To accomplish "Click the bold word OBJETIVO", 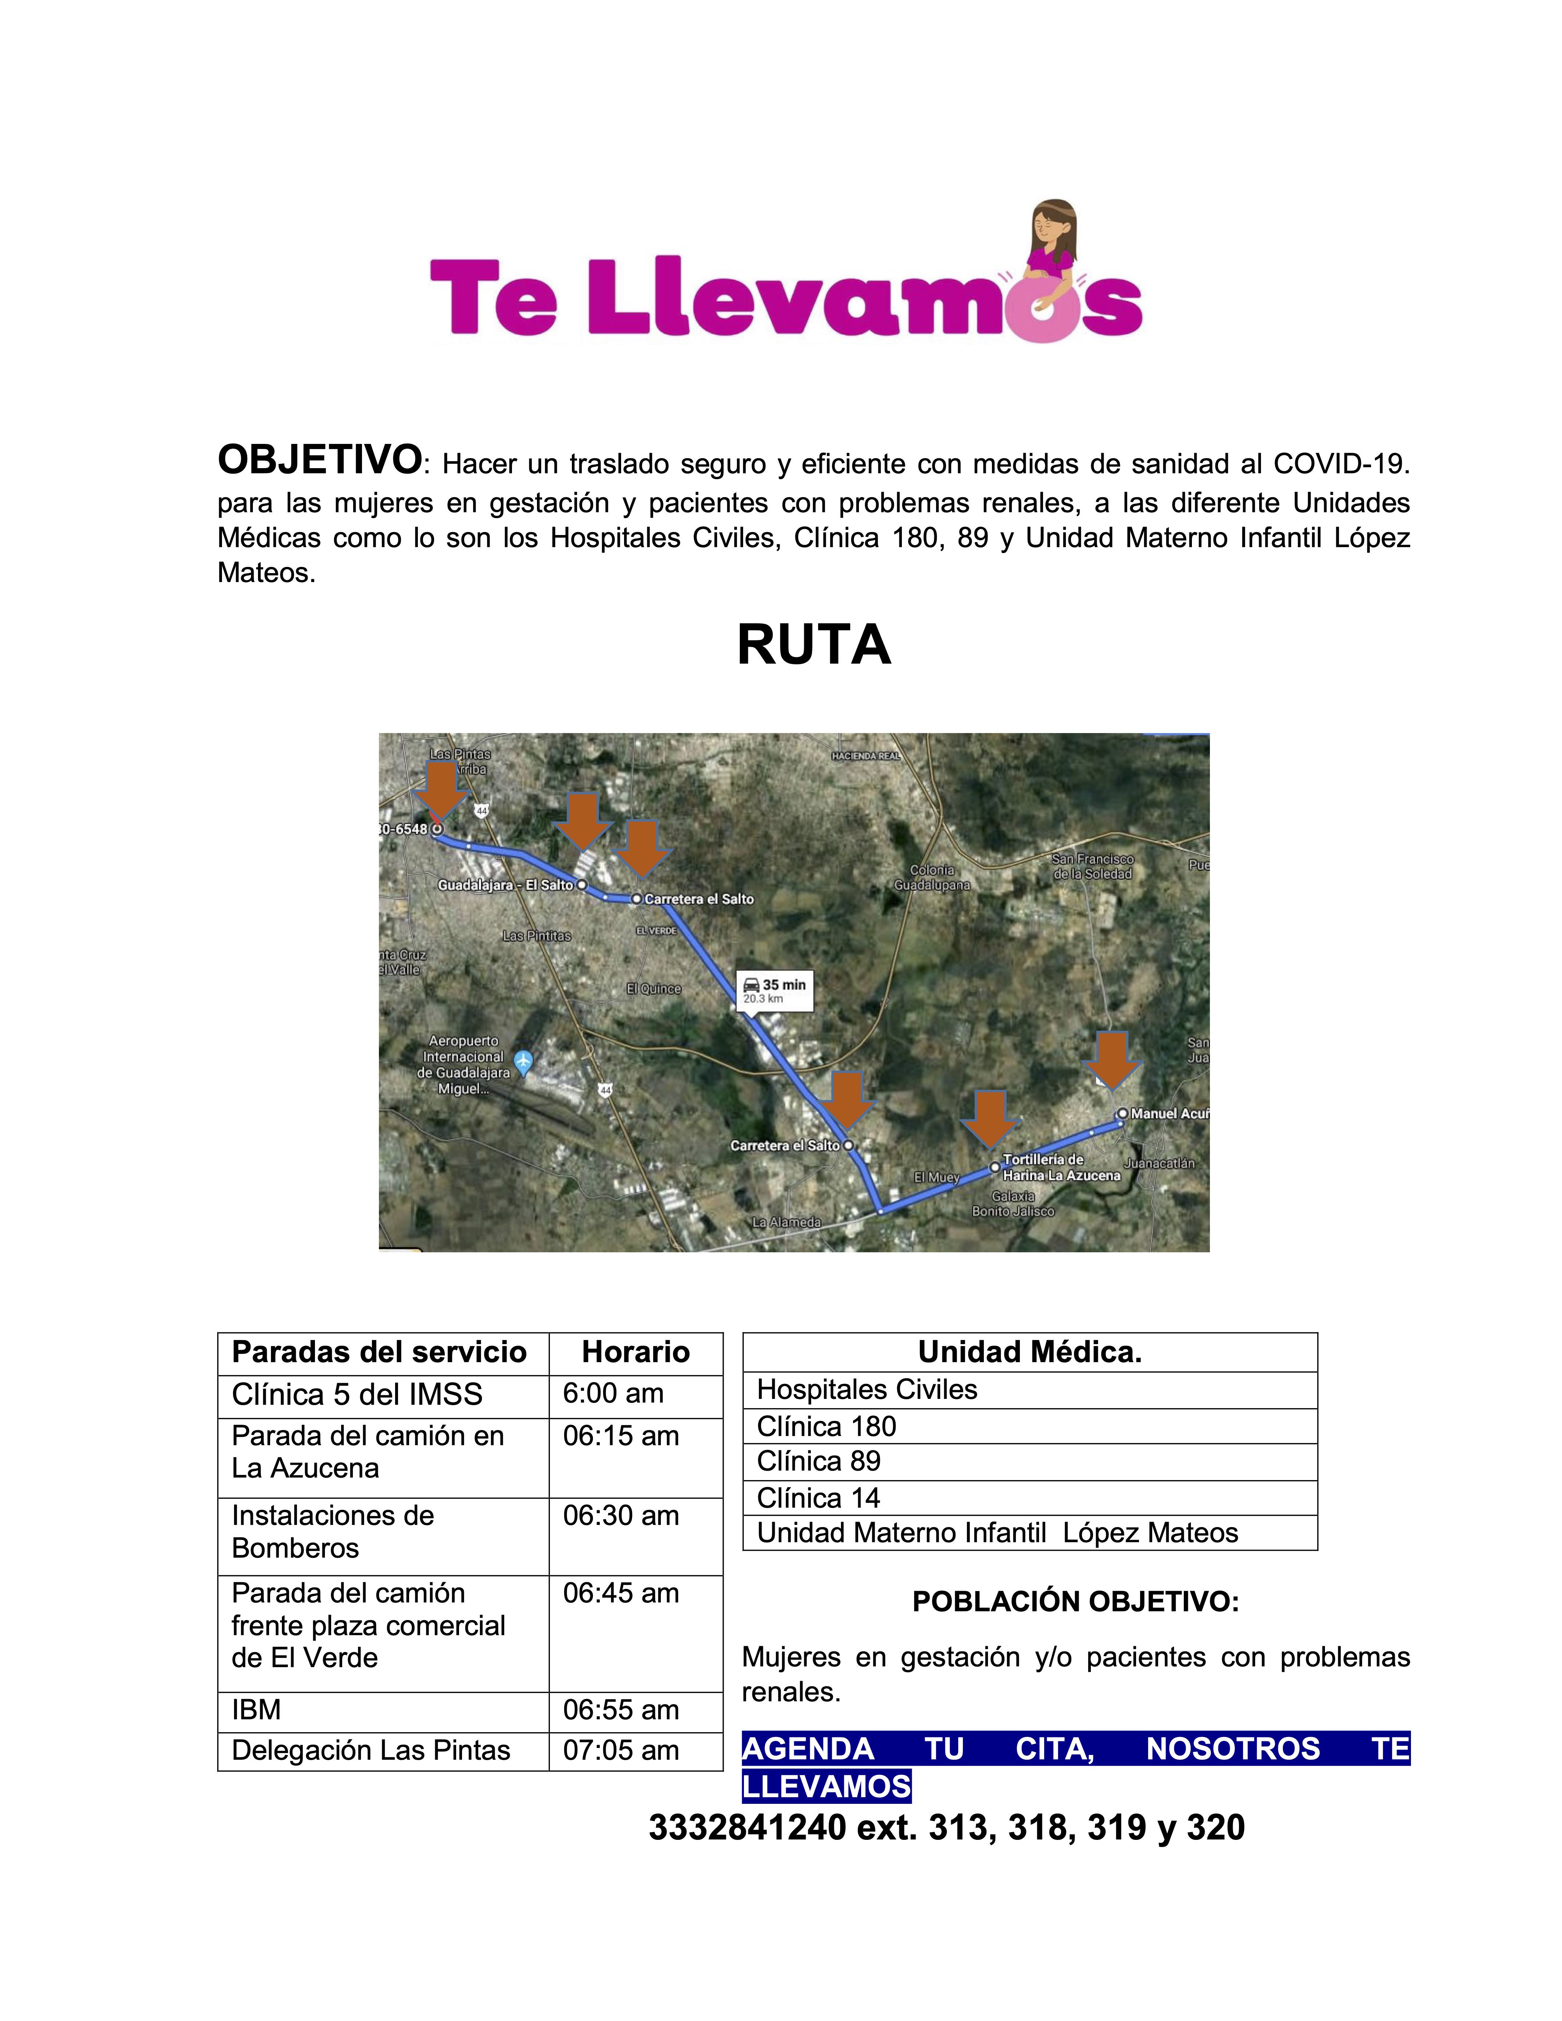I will coord(319,460).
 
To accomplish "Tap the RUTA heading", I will coord(813,645).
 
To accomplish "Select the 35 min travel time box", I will coord(774,990).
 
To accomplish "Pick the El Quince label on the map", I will coord(653,988).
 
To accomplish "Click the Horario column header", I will coord(636,1352).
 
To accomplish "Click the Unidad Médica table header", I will coord(1029,1352).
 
